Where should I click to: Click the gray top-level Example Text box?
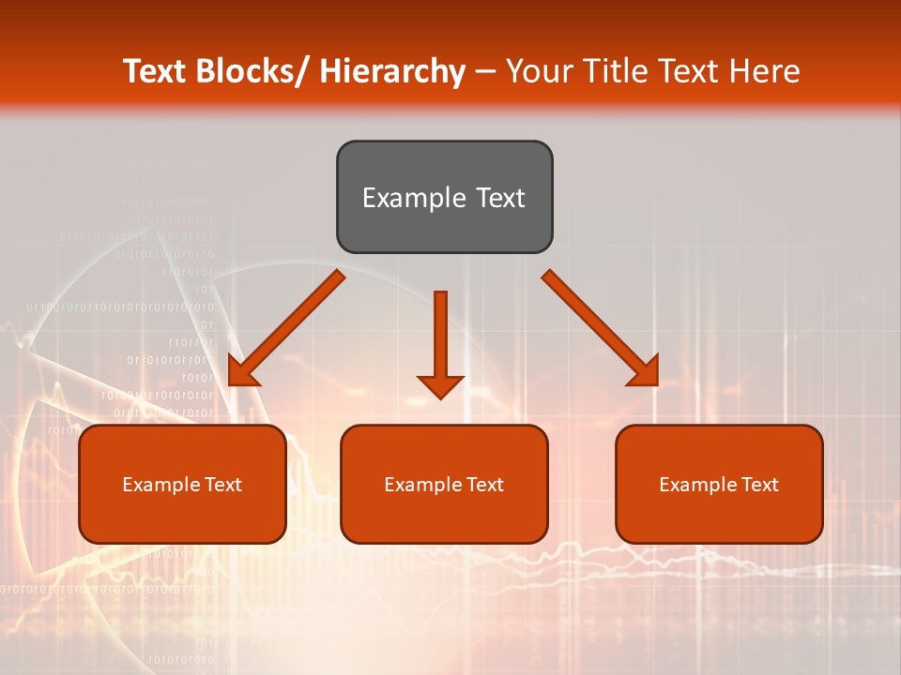pyautogui.click(x=444, y=197)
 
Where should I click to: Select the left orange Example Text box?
pyautogui.click(x=182, y=484)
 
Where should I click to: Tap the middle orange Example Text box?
pyautogui.click(x=444, y=484)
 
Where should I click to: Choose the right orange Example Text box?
pyautogui.click(x=719, y=484)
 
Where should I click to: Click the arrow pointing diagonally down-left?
pyautogui.click(x=284, y=330)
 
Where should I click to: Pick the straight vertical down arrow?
pyautogui.click(x=440, y=342)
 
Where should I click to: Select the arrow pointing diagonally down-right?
pyautogui.click(x=602, y=329)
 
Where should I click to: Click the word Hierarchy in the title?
pyautogui.click(x=392, y=71)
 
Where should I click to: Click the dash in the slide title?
pyautogui.click(x=485, y=72)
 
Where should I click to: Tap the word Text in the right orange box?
pyautogui.click(x=759, y=485)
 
